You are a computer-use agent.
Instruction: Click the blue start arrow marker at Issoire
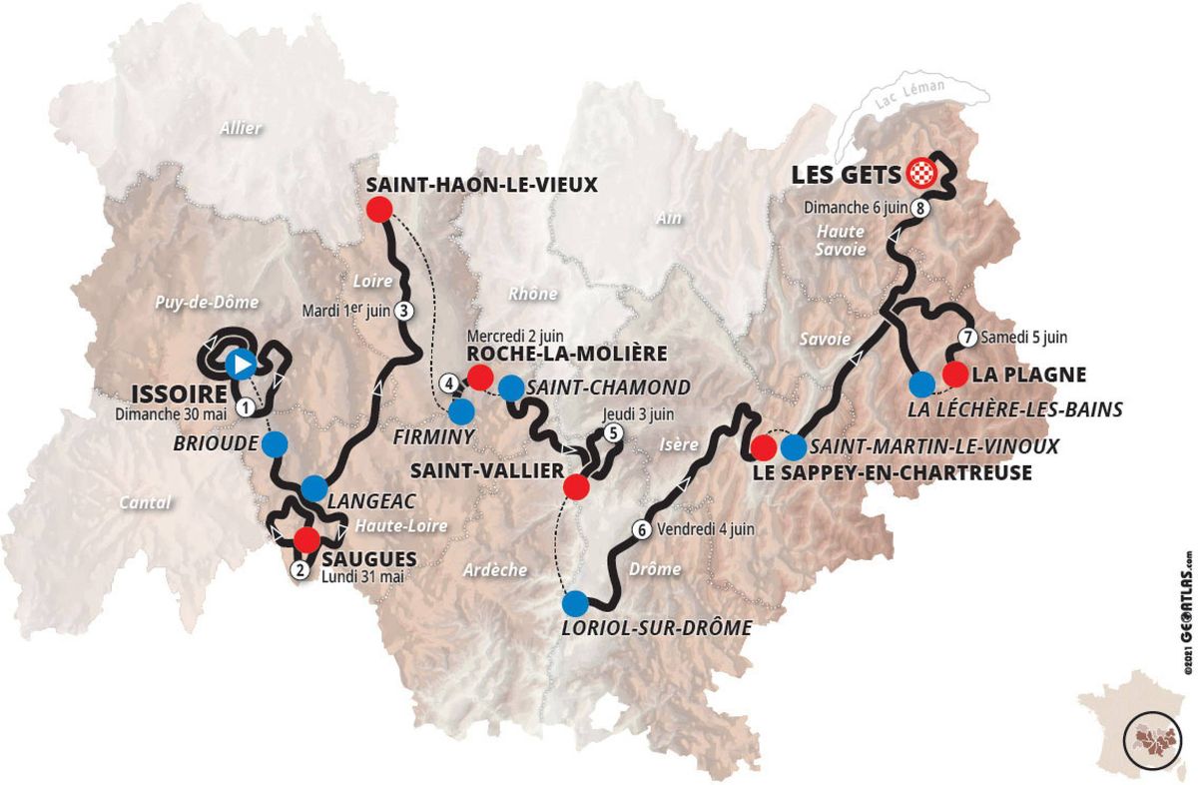coord(240,365)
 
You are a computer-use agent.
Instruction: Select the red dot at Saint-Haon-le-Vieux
coord(377,210)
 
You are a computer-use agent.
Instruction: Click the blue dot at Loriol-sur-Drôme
coord(574,603)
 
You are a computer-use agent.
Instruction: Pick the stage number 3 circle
coord(403,310)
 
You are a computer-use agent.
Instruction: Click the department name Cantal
coord(145,502)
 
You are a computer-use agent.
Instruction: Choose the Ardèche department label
coord(495,570)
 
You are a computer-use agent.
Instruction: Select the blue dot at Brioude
coord(275,443)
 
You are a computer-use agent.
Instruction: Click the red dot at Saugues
coord(305,540)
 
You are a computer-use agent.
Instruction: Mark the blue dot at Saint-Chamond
coord(510,388)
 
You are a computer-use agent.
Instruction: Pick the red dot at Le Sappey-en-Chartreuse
coord(764,447)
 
